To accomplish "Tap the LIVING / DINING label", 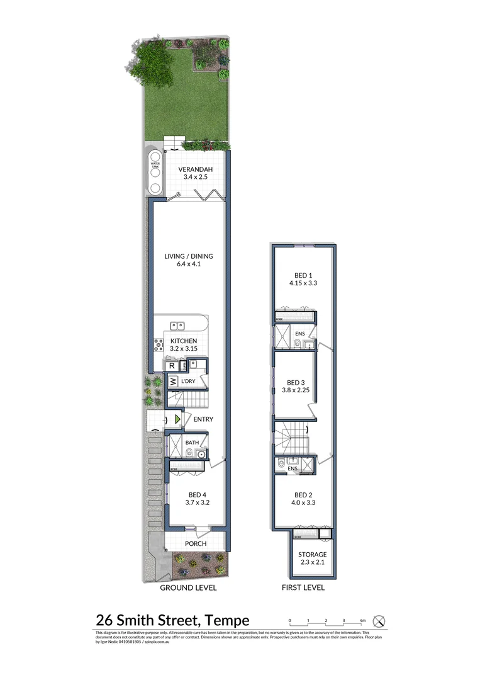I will click(x=189, y=256).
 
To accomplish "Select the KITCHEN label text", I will click(x=184, y=341).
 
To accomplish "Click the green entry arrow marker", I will click(x=178, y=419).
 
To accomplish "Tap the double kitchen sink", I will click(x=177, y=326).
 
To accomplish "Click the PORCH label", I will click(x=196, y=543).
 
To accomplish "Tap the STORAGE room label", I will click(x=313, y=554).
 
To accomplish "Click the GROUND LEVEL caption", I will click(x=188, y=587).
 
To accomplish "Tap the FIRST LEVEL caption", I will click(x=303, y=587).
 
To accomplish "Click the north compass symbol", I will click(x=379, y=621).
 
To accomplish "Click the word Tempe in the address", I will click(x=227, y=621).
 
